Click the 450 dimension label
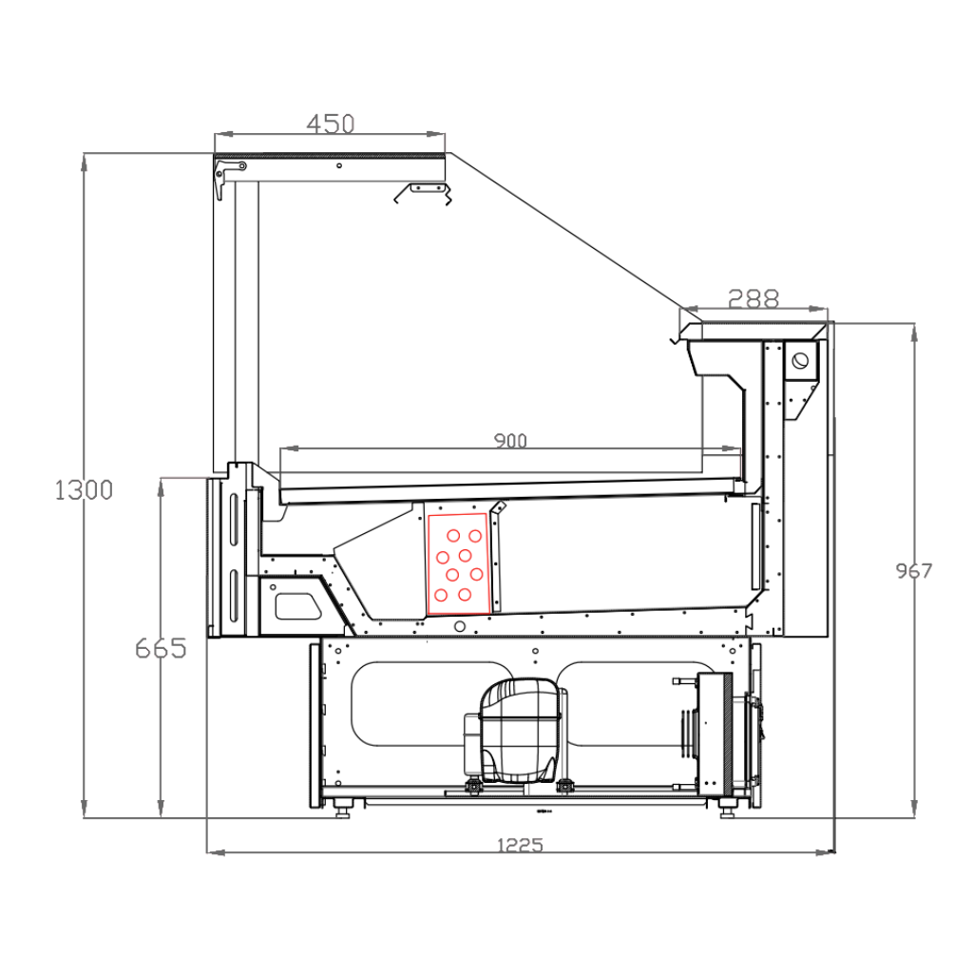pyautogui.click(x=331, y=124)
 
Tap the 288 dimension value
pyautogui.click(x=754, y=299)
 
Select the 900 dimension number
pyautogui.click(x=510, y=441)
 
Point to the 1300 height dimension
pyautogui.click(x=84, y=490)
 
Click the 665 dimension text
pyautogui.click(x=161, y=649)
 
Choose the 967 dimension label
pyautogui.click(x=913, y=571)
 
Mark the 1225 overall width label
pyautogui.click(x=520, y=845)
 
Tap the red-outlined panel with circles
pyautogui.click(x=459, y=563)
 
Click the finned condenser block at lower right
pyautogui.click(x=715, y=735)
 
